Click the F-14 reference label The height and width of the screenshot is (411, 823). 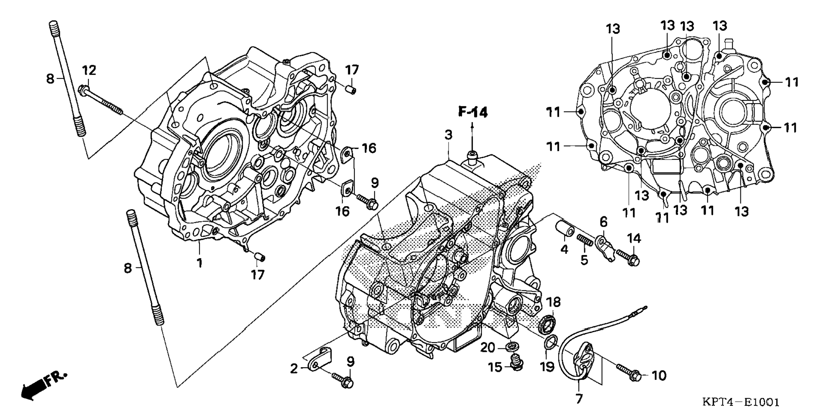tap(473, 112)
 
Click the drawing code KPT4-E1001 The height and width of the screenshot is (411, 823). tap(741, 402)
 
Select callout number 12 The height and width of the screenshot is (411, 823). tap(89, 69)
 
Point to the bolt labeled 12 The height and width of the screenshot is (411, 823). tap(100, 100)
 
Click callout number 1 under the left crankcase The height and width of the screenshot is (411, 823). tap(199, 263)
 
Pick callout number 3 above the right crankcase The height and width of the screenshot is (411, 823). tap(449, 135)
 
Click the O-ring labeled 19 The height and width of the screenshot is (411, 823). tap(552, 341)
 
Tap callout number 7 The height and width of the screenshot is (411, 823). tap(579, 399)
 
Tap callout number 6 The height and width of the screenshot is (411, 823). tap(603, 221)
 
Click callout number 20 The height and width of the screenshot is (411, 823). tap(488, 348)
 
